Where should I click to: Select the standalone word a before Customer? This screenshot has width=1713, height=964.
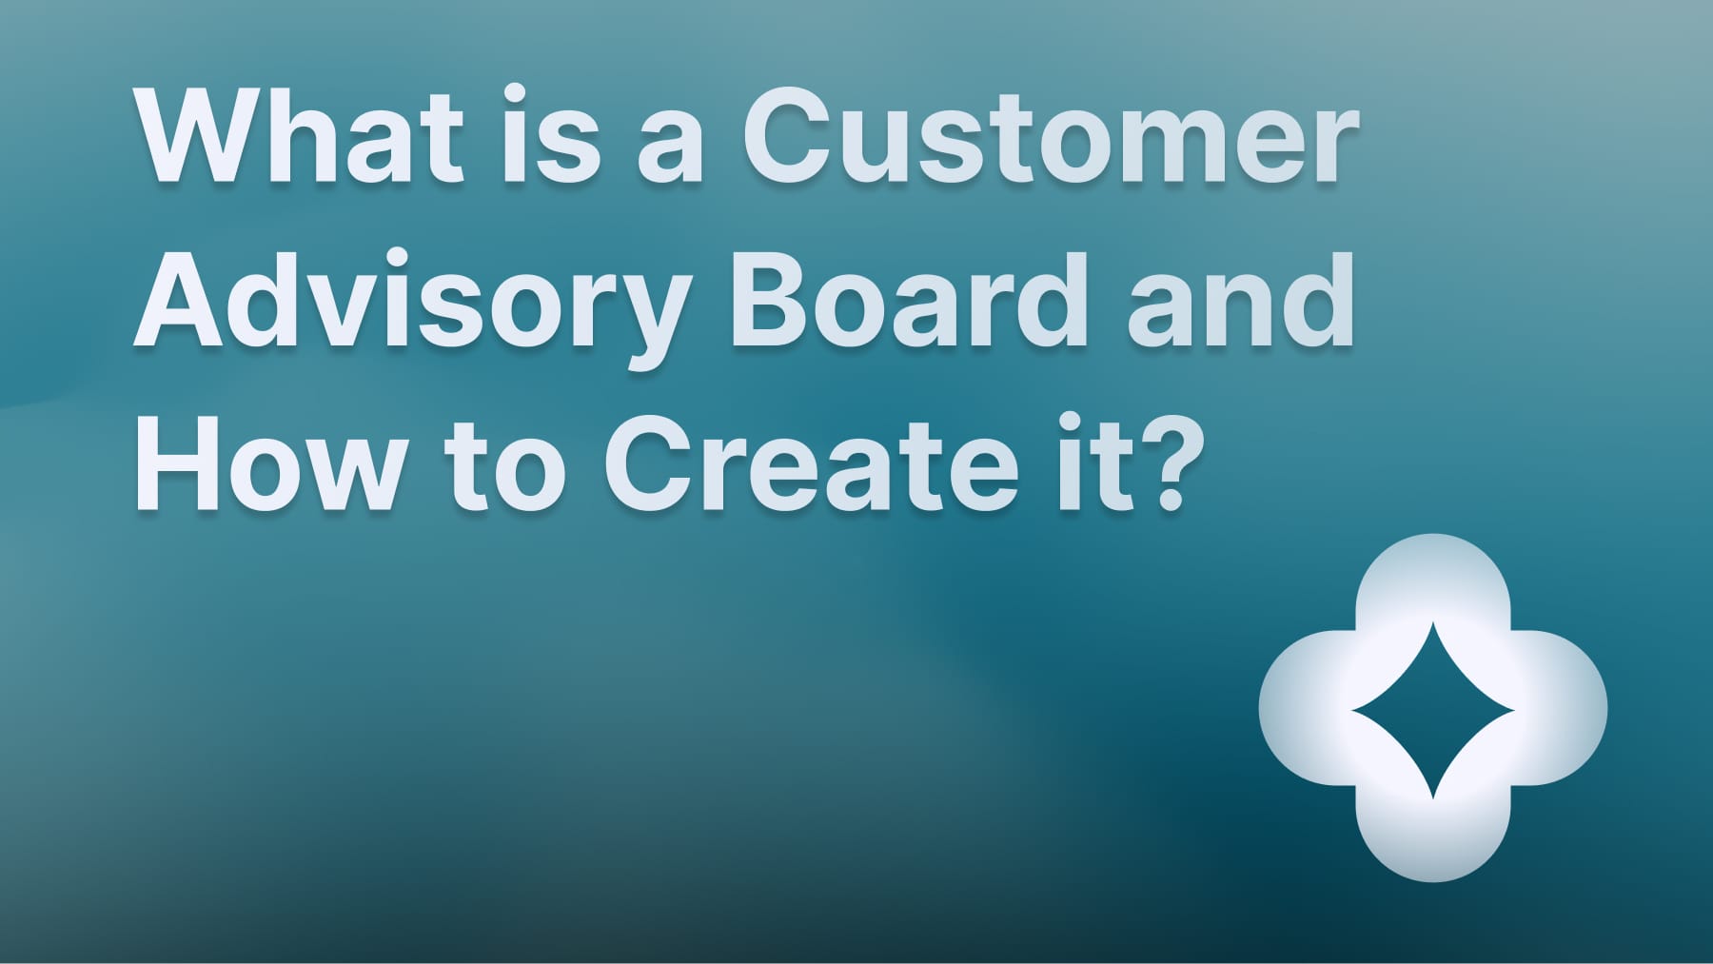coord(670,148)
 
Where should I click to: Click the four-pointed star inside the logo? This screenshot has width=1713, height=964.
coord(1433,709)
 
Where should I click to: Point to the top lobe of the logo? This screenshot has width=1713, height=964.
coord(1433,580)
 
